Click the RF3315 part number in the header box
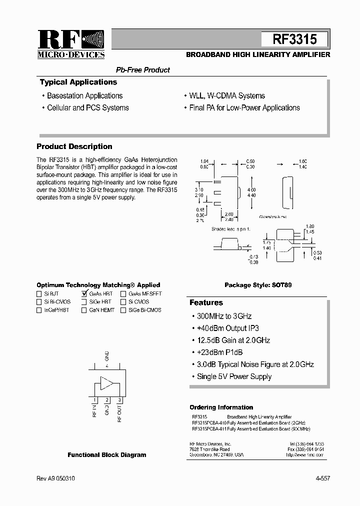tap(294, 39)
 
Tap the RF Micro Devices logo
tap(71, 44)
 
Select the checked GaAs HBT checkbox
tap(84, 294)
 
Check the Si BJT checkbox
tap(39, 294)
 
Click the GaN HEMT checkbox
tap(84, 310)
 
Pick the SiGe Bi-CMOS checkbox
tap(123, 310)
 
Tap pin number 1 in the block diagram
tap(94, 400)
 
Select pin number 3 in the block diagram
tap(119, 400)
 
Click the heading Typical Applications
tap(78, 82)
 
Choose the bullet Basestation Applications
tap(84, 95)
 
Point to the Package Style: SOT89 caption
tap(258, 285)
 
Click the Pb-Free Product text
tap(143, 70)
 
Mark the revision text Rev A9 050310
tap(56, 478)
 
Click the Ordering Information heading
tap(221, 407)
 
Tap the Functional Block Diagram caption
tap(107, 455)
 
